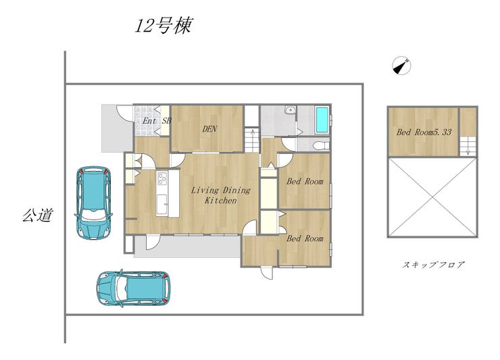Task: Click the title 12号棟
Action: pyautogui.click(x=164, y=26)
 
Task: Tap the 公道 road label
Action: pyautogui.click(x=37, y=215)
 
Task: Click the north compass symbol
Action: pyautogui.click(x=401, y=66)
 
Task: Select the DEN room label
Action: pyautogui.click(x=209, y=129)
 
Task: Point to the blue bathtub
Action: pyautogui.click(x=322, y=120)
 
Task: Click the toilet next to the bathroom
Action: pyautogui.click(x=321, y=146)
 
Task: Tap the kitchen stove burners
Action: pyautogui.click(x=162, y=178)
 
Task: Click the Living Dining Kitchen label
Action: pyautogui.click(x=221, y=195)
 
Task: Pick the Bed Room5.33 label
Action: pyautogui.click(x=424, y=132)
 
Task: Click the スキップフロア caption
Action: pyautogui.click(x=433, y=265)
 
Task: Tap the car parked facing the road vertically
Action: pyautogui.click(x=93, y=203)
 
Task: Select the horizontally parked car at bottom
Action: pyautogui.click(x=134, y=288)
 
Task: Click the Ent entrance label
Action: pyautogui.click(x=149, y=121)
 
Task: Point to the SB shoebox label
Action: pyautogui.click(x=167, y=121)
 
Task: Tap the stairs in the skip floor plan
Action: pyautogui.click(x=468, y=146)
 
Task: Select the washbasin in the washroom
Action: pyautogui.click(x=290, y=110)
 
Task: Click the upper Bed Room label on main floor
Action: pyautogui.click(x=305, y=182)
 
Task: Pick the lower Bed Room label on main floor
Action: pyautogui.click(x=305, y=238)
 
